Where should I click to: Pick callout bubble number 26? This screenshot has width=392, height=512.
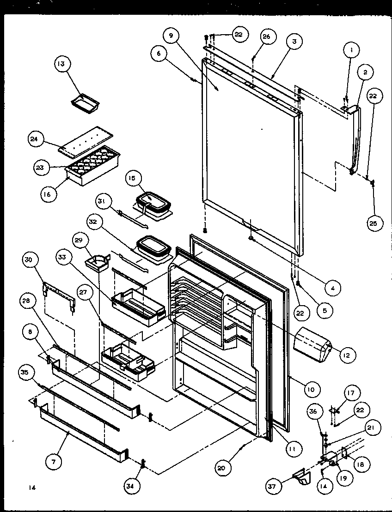pyautogui.click(x=267, y=37)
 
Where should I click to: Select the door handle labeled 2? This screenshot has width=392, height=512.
pyautogui.click(x=356, y=139)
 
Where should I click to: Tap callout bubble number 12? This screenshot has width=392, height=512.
pyautogui.click(x=346, y=355)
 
